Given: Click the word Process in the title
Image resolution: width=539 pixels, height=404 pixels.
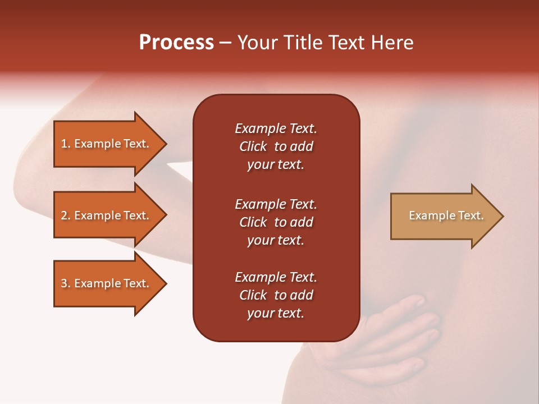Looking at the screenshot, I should point(176,43).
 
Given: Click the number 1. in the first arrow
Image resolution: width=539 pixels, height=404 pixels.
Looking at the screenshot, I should point(66,144).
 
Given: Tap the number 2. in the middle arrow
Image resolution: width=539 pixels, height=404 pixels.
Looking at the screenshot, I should point(66,215).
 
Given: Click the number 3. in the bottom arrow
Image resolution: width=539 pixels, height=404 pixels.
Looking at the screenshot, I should point(66,283).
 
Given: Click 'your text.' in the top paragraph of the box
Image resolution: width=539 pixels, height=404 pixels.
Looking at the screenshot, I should point(276,165).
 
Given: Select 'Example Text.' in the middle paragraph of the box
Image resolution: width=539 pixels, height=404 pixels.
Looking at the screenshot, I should point(276,204).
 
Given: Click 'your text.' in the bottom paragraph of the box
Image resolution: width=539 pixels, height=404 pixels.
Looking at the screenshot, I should point(276,314).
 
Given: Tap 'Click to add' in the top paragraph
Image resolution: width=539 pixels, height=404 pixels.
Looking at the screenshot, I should point(276,147).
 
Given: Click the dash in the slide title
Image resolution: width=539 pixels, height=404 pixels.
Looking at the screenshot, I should point(226,43).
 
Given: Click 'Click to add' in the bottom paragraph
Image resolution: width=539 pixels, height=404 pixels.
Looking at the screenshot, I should point(276,296).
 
